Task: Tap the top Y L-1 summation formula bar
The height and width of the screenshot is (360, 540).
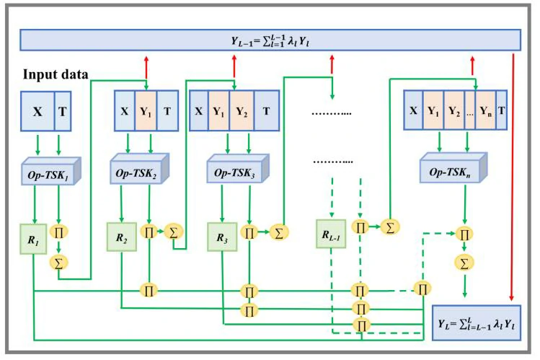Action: (x=270, y=40)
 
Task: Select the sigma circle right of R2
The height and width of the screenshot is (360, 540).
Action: (x=173, y=232)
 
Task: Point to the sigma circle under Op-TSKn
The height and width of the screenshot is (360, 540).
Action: (x=464, y=261)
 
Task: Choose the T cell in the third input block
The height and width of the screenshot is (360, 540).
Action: (x=267, y=111)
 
